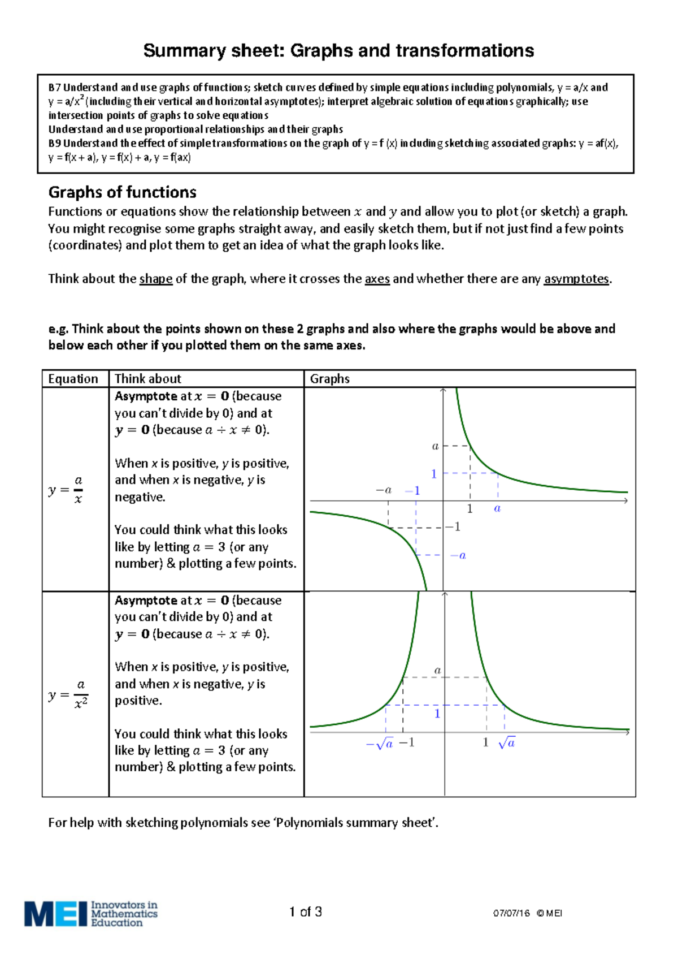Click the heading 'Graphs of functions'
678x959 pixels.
coord(122,192)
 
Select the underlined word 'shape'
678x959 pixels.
coord(155,279)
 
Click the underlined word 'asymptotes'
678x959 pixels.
coord(576,279)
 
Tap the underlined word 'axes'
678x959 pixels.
coord(377,279)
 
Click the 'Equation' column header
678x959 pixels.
coord(73,379)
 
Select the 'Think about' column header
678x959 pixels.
coord(148,379)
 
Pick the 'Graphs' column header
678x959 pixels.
coord(329,379)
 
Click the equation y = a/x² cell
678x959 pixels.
coord(68,694)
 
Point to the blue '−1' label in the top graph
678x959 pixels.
coord(413,491)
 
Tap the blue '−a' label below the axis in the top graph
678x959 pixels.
coord(458,555)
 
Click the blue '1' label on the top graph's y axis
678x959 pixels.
coord(434,474)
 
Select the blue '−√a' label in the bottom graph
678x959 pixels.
coord(380,744)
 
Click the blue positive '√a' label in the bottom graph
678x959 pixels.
coord(507,743)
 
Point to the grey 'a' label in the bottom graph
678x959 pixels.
coord(437,671)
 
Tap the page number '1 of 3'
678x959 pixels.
coord(305,912)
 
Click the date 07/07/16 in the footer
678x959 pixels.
coord(511,913)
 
